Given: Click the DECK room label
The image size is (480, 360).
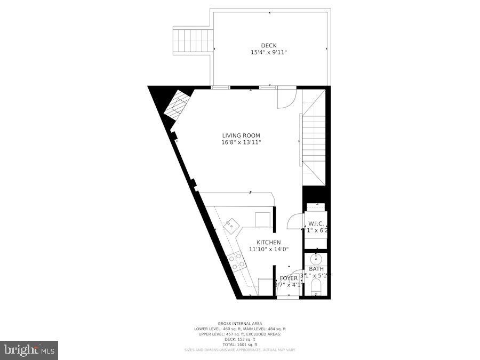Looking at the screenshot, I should pyautogui.click(x=268, y=45).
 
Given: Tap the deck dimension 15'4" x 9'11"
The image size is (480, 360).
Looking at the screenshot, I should pyautogui.click(x=268, y=52).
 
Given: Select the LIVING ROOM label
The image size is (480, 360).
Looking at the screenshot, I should pyautogui.click(x=241, y=135).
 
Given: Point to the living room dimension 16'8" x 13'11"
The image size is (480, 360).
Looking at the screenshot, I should pyautogui.click(x=241, y=142).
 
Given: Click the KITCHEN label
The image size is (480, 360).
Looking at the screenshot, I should pyautogui.click(x=269, y=243).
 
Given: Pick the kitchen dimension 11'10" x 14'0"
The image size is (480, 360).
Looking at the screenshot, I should pyautogui.click(x=268, y=249).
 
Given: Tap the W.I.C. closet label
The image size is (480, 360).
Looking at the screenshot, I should pyautogui.click(x=316, y=223).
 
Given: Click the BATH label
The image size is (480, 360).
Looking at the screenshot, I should pyautogui.click(x=316, y=269).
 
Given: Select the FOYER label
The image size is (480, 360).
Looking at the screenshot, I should pyautogui.click(x=289, y=278).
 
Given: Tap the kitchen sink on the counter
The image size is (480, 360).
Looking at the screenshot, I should pyautogui.click(x=231, y=226).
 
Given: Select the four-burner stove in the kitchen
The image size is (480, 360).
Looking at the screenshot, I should pyautogui.click(x=237, y=261).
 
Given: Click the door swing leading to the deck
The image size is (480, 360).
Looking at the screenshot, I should pyautogui.click(x=285, y=98).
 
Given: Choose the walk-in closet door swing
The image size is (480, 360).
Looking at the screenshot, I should pyautogui.click(x=294, y=221).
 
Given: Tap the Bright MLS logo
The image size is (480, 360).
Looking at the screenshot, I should pyautogui.click(x=30, y=350).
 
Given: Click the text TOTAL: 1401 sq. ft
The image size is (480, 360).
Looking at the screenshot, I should pyautogui.click(x=240, y=344).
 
